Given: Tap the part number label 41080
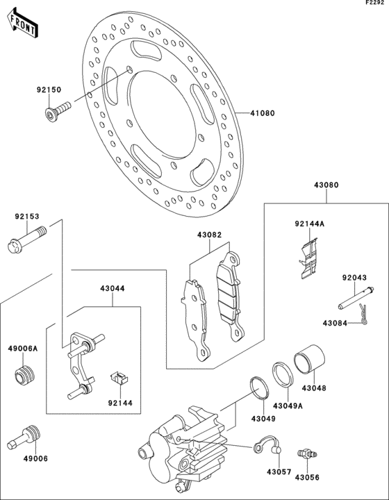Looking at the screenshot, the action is (263, 113).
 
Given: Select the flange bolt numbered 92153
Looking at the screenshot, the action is (26, 240).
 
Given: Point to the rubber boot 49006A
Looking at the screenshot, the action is (25, 376).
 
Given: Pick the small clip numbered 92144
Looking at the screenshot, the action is (119, 377).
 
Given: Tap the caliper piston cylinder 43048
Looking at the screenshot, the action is (309, 359).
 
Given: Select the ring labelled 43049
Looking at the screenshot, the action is (260, 387).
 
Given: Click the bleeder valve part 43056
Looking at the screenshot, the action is (306, 453).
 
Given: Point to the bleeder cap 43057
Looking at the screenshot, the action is (267, 445).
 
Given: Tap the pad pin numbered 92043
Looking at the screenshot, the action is (356, 299).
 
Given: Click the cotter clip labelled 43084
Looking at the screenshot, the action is (363, 315).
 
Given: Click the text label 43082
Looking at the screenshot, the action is (209, 235).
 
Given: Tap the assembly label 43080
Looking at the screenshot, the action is (326, 185).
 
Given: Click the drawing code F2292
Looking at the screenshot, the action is (375, 3).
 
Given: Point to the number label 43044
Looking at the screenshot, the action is (113, 289).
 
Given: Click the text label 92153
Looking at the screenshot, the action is (27, 217).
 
